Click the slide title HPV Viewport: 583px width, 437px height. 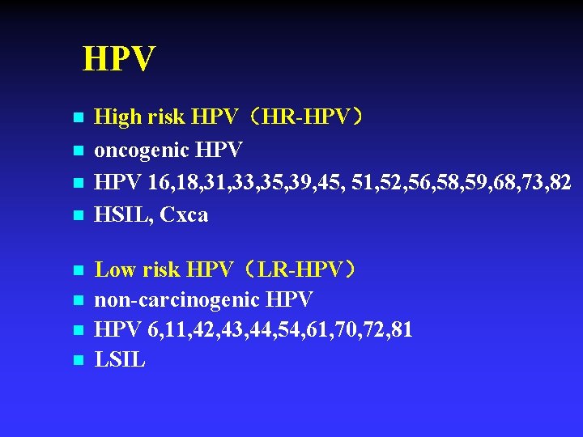coord(119,59)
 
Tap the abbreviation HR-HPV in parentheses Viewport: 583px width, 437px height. coord(307,118)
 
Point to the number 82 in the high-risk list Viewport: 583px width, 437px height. coord(560,182)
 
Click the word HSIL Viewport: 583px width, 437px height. coord(123,214)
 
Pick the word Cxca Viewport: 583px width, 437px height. coord(184,214)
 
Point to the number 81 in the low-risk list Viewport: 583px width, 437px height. coord(401,330)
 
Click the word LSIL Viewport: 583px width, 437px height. coord(120,360)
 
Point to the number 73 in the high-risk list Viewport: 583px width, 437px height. coord(529,182)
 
